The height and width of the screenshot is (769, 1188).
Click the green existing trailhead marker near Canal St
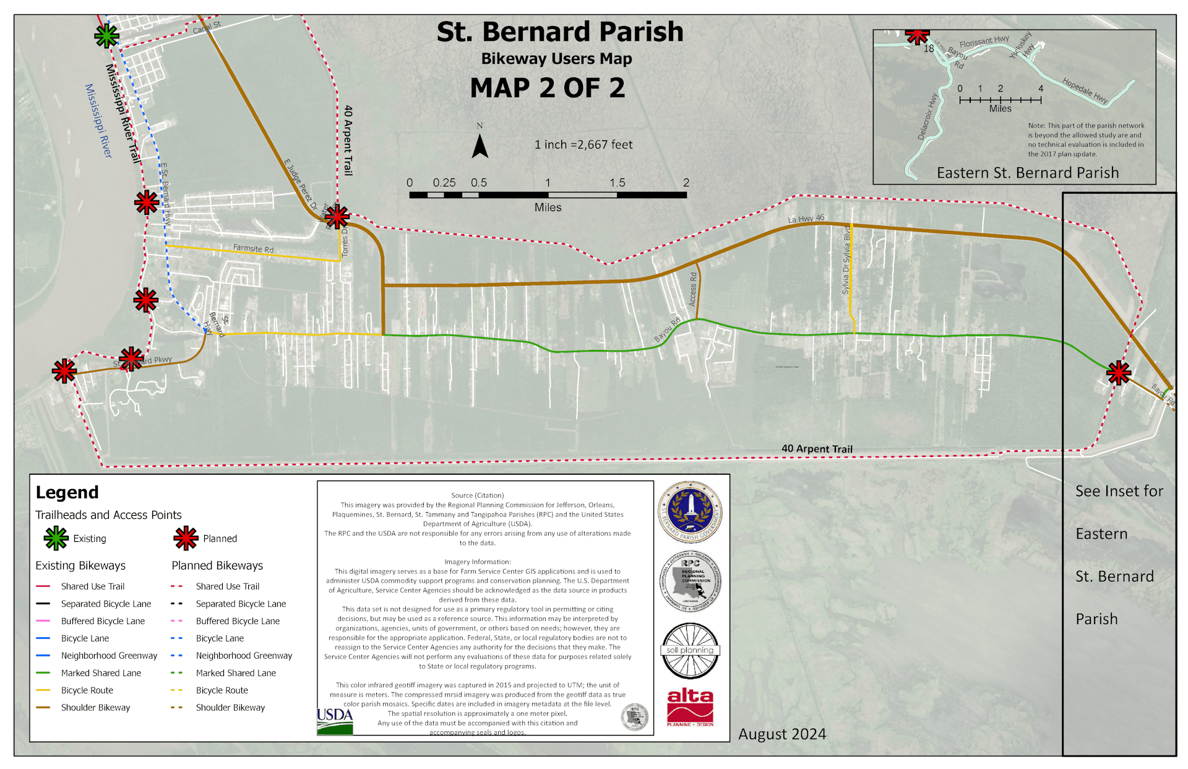coord(106,36)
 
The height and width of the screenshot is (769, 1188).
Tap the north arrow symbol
coord(480,146)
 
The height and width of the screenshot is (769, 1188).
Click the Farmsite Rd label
coord(253,248)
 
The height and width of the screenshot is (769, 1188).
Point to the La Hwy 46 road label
coord(806,219)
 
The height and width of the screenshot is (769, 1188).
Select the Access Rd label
coord(693,288)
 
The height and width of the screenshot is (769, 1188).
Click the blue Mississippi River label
coord(98,121)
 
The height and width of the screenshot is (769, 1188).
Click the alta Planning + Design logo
coord(690,706)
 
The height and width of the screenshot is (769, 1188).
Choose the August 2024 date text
coord(781,734)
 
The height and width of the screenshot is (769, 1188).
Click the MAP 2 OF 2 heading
coord(547,88)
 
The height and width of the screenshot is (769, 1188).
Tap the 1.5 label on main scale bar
coord(617,183)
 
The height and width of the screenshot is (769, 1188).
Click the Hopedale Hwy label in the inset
coord(1085,90)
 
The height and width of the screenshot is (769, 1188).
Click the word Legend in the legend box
coord(67,492)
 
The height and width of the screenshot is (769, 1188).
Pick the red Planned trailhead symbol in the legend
coord(186,538)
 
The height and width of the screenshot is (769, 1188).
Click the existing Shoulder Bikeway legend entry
coord(95,708)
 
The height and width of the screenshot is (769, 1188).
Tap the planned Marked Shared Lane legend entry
coord(236,673)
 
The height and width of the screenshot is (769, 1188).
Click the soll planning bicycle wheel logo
coord(690,651)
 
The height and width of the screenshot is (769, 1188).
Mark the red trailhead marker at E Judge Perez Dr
coord(337,217)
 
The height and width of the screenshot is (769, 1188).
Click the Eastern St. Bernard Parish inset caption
coord(1027,173)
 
